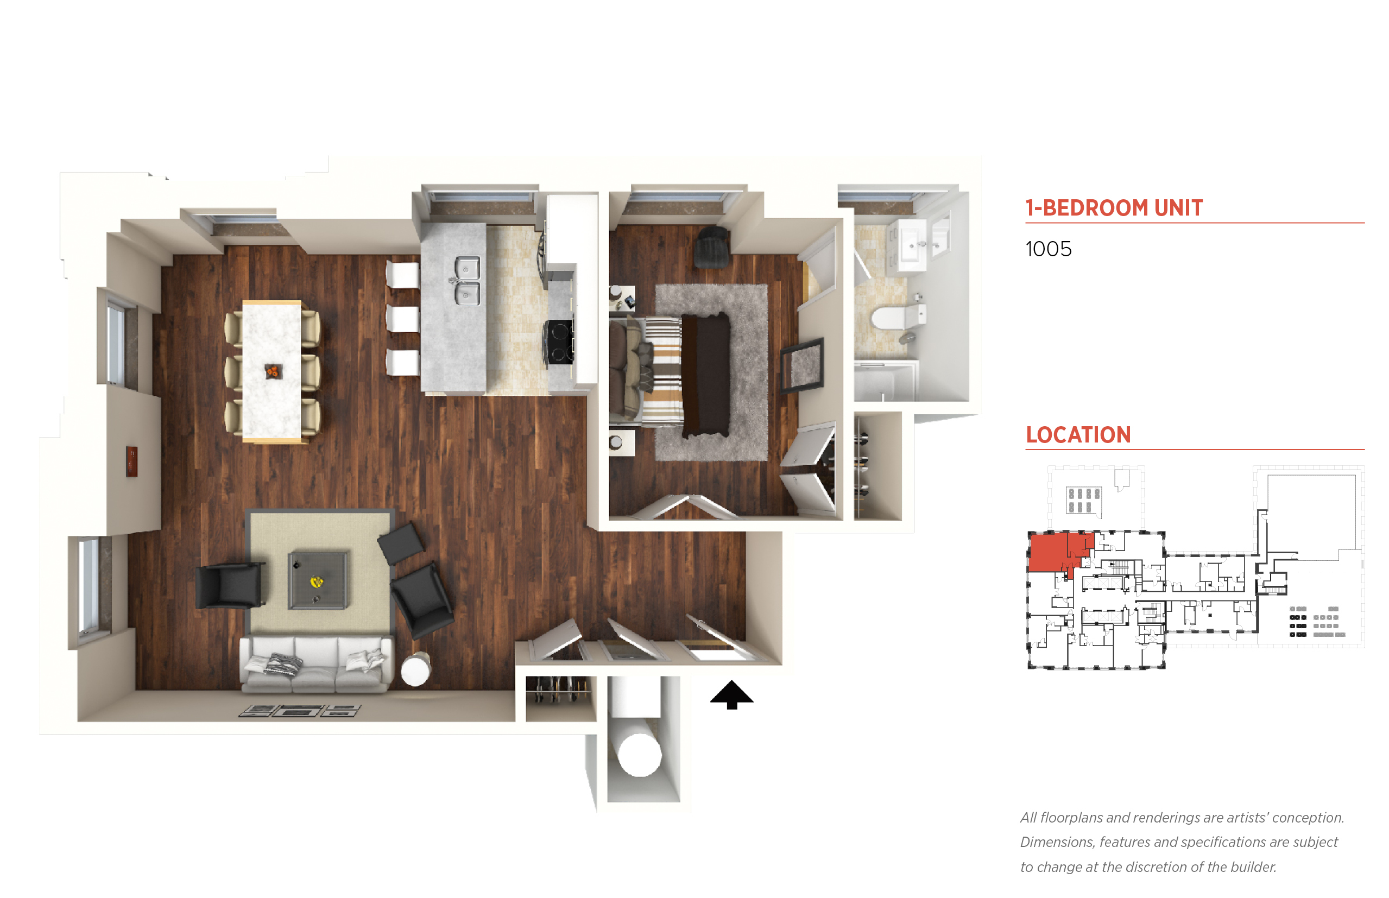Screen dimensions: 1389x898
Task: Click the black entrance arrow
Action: coord(731,694)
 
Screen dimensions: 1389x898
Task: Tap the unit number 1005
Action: coord(1048,249)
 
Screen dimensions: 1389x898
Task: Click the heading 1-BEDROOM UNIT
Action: coord(1114,207)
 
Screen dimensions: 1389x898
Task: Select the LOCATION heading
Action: coord(1078,434)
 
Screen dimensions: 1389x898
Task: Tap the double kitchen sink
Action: coord(466,281)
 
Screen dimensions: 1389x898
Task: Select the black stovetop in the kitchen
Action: coord(559,342)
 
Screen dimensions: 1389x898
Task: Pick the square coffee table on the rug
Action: coord(318,580)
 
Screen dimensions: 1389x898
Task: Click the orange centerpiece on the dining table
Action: coord(273,371)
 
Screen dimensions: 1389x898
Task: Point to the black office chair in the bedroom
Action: coord(711,246)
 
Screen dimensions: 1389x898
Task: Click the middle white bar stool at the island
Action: coord(402,319)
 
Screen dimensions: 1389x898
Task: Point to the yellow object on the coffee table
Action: coord(316,581)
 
